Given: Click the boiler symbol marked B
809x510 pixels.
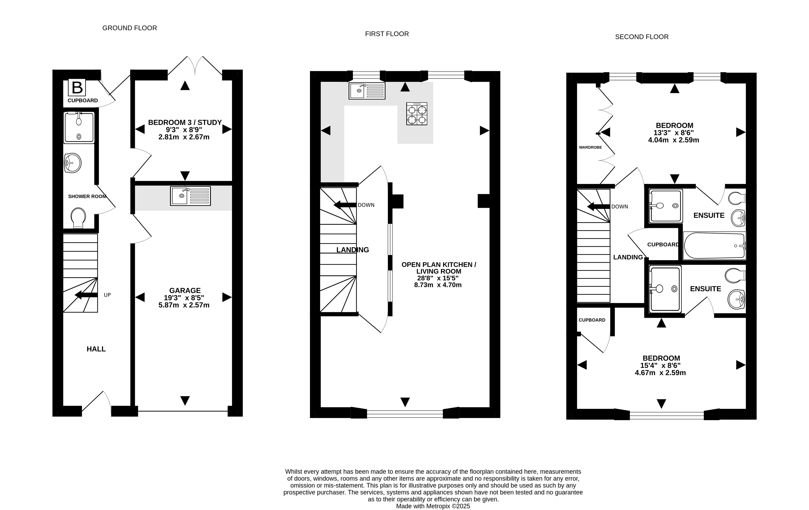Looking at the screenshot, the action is click(x=77, y=87).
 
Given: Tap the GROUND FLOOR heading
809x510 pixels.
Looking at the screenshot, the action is click(x=130, y=28).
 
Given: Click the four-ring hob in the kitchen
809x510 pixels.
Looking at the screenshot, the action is click(x=417, y=114).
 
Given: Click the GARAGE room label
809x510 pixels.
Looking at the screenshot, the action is click(x=185, y=291).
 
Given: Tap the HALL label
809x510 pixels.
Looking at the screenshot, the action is click(x=96, y=349).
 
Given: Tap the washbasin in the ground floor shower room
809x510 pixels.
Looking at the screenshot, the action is click(x=73, y=163).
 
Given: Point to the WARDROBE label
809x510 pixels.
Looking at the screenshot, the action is click(x=590, y=147).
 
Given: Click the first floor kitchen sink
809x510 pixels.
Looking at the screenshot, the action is click(x=367, y=91).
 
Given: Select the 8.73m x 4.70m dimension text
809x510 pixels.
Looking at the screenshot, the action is click(x=438, y=285).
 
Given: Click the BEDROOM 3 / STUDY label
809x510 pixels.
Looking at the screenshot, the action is click(x=185, y=122).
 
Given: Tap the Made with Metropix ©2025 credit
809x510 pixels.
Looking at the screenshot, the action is click(x=433, y=506).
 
